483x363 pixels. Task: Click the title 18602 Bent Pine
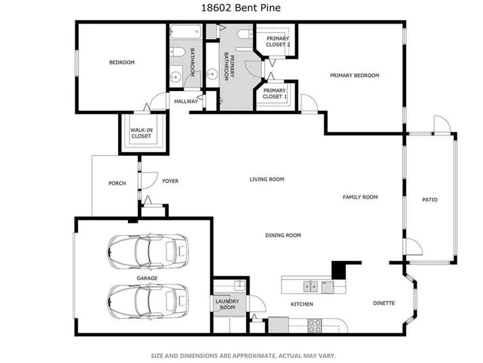(241, 8)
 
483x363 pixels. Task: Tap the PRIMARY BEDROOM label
(355, 76)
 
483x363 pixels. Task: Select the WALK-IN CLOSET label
(141, 133)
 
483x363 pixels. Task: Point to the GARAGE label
(147, 278)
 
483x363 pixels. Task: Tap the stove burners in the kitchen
(315, 326)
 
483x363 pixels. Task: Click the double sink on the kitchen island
(311, 287)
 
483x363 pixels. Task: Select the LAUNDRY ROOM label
(227, 304)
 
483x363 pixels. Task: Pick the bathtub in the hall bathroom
(185, 32)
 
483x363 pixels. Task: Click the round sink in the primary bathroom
(212, 74)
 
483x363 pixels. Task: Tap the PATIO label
(430, 200)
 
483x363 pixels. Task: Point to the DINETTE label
(384, 303)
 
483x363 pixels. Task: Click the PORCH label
(117, 183)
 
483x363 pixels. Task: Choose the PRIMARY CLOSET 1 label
(274, 93)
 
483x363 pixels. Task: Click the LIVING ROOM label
(267, 179)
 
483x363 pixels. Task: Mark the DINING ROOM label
(283, 235)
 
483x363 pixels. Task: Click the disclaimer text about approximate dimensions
(243, 356)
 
